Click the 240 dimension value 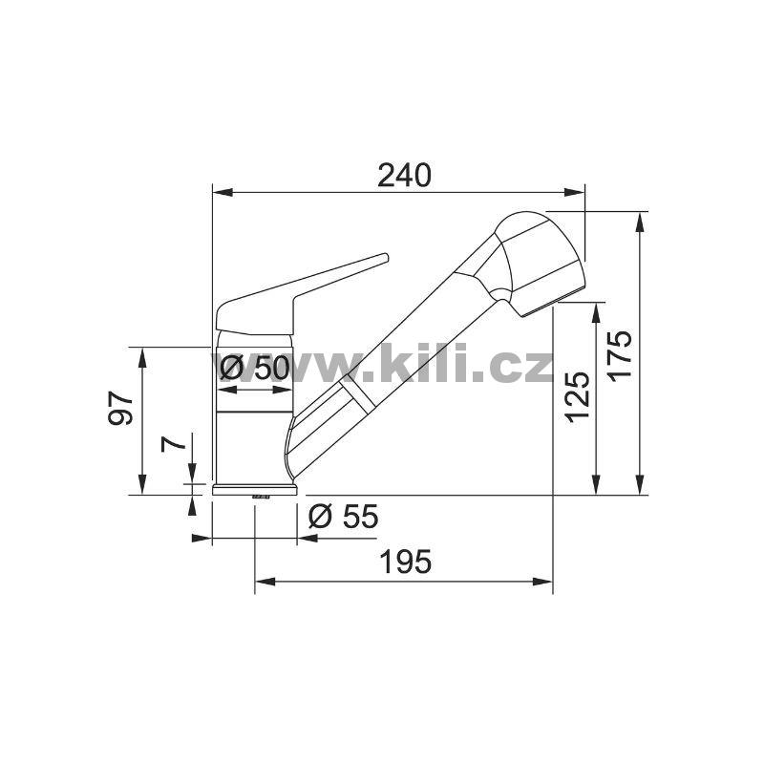coord(404,176)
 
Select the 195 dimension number coord(405,562)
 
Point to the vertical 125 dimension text coord(578,396)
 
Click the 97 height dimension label coord(120,408)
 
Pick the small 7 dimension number coord(174,443)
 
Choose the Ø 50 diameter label coord(254,368)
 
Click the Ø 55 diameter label coord(344,516)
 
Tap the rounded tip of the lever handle coord(385,257)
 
